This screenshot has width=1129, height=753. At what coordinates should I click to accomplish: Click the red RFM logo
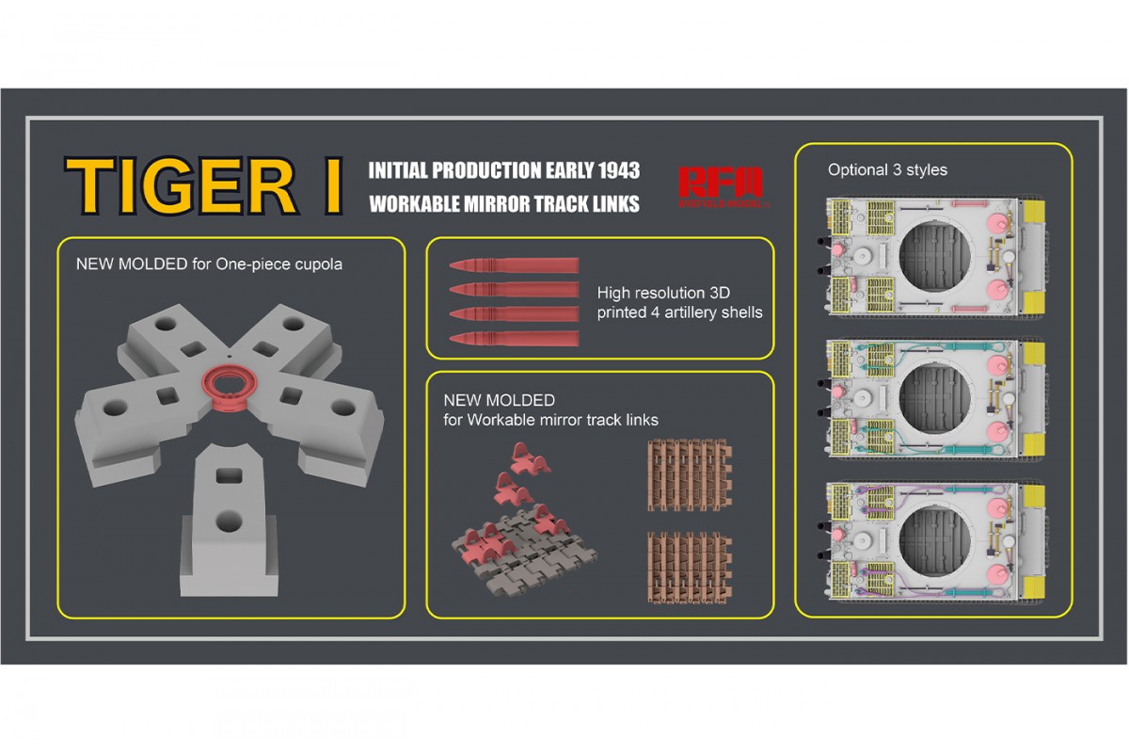(x=722, y=184)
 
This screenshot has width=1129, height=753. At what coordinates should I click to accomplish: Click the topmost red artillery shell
(x=514, y=266)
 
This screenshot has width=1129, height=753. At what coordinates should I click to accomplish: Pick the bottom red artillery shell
(x=514, y=337)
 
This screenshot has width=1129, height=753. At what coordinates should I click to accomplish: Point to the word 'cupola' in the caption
(x=317, y=264)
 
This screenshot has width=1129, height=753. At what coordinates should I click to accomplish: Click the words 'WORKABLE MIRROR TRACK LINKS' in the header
(x=503, y=204)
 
